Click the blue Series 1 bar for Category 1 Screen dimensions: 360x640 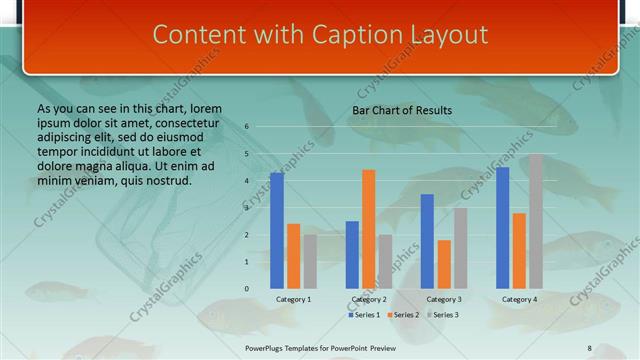[277, 231]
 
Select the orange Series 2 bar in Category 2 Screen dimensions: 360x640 [369, 229]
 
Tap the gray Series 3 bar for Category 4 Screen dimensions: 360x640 [536, 221]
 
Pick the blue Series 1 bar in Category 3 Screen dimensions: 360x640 [427, 241]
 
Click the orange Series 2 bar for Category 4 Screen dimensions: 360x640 [519, 250]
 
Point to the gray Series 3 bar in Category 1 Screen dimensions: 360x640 [310, 261]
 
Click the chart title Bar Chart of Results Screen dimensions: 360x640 [402, 110]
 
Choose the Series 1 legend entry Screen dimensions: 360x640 [363, 315]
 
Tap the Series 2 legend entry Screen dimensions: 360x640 [402, 315]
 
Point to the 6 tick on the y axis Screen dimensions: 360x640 [246, 127]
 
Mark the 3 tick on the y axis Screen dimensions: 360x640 [246, 208]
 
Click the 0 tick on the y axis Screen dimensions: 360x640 [246, 289]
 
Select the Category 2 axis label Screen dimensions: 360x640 [369, 300]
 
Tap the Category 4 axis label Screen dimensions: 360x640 [518, 300]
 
